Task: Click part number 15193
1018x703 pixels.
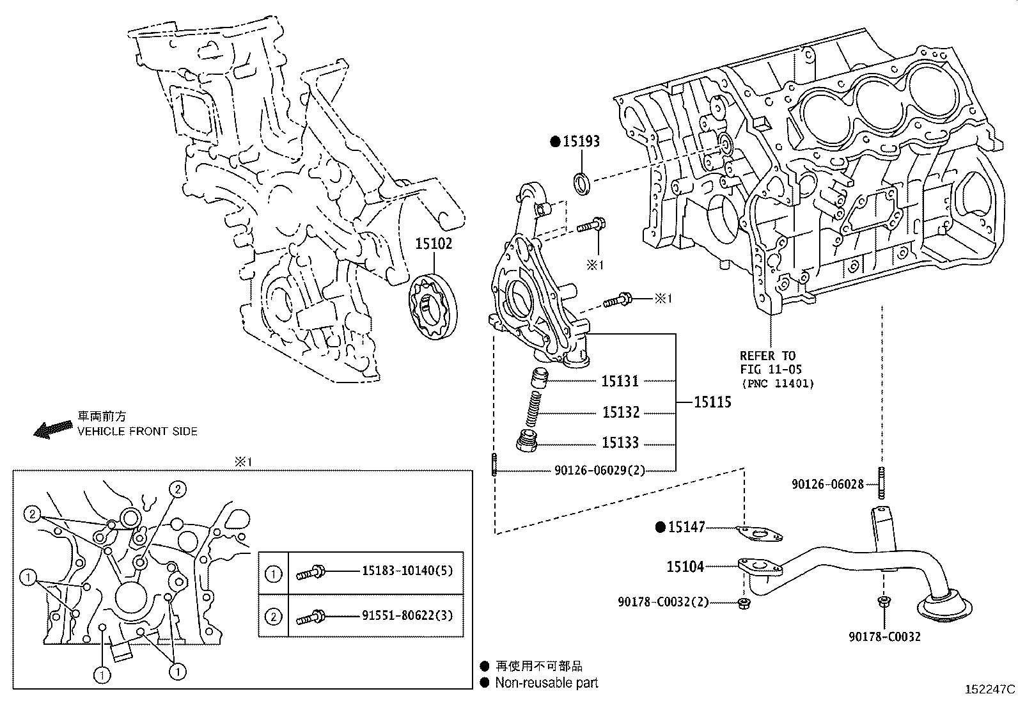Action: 581,141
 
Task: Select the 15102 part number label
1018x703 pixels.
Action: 434,244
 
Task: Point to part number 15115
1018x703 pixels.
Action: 712,402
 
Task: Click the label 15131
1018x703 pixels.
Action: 620,381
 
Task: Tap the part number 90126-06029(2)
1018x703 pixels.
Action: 599,471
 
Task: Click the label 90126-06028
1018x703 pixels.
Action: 827,485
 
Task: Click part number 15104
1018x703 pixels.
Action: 685,566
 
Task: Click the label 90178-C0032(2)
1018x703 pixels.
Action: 663,602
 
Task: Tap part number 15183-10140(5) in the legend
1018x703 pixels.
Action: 407,571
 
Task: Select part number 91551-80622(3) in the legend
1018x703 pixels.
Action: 407,616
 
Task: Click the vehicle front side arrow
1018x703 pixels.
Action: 53,429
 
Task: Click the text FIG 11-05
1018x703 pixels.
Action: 771,370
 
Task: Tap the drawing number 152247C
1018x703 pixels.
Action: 989,690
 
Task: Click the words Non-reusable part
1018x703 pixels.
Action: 546,683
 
